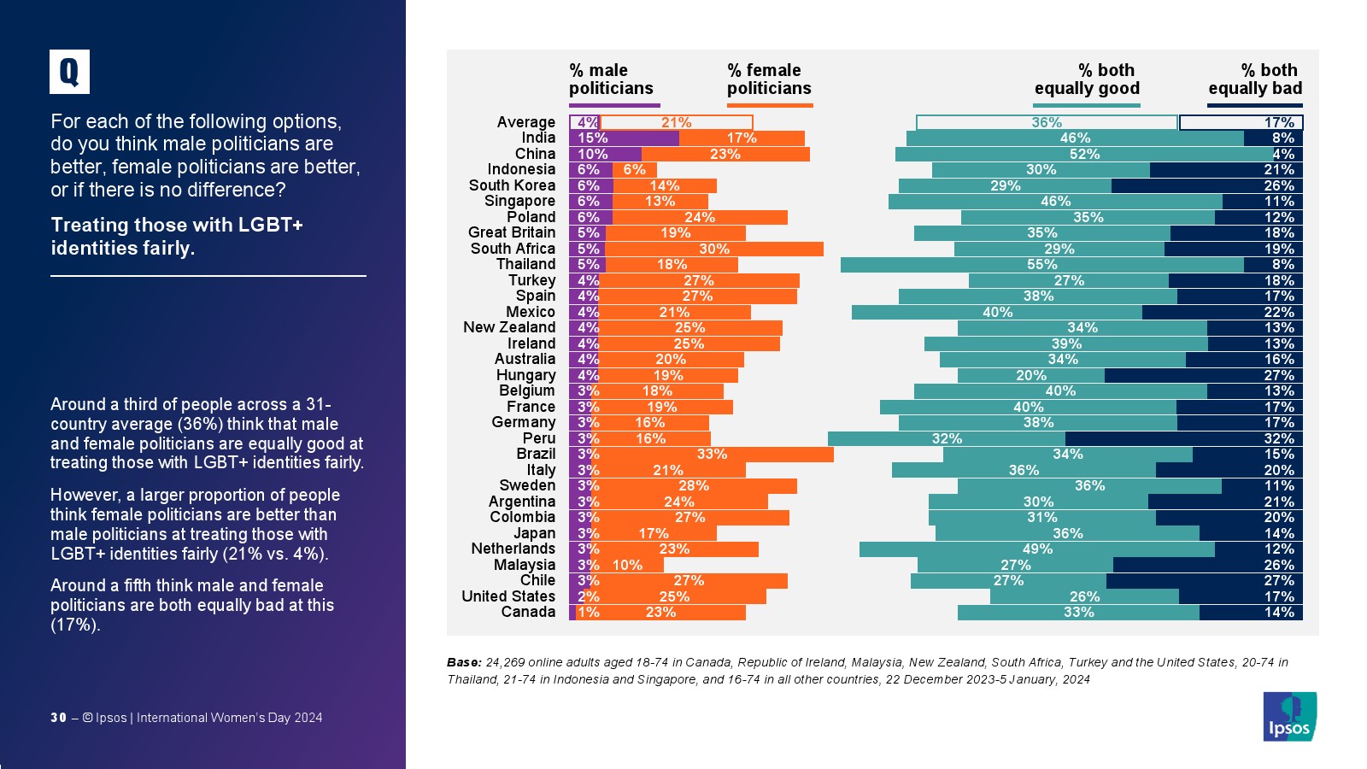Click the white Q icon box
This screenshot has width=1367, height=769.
tap(69, 72)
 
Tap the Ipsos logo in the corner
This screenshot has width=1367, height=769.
tap(1289, 716)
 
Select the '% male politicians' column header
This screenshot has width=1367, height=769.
tap(611, 79)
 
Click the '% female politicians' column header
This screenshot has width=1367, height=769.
tap(769, 79)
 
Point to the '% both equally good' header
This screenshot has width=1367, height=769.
tap(1087, 79)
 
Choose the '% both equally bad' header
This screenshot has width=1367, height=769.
tap(1255, 79)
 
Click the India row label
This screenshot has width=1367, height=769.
tap(538, 138)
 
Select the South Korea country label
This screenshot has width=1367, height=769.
tap(512, 185)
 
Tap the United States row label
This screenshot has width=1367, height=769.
tap(508, 596)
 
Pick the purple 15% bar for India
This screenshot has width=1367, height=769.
tap(624, 138)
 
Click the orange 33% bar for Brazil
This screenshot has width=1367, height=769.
tap(712, 455)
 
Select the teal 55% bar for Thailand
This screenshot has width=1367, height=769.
tap(1041, 265)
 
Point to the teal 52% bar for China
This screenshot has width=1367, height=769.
tap(1083, 155)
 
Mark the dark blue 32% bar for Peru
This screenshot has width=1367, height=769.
tap(1183, 439)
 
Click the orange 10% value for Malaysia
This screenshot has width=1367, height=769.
tap(627, 565)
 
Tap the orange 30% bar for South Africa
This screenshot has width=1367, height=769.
tap(713, 249)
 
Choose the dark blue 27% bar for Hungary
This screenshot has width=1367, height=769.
tap(1203, 375)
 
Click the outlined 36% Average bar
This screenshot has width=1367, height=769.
tap(1046, 123)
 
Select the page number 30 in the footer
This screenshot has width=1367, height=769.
tap(58, 718)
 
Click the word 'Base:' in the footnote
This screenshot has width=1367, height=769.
tap(464, 662)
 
